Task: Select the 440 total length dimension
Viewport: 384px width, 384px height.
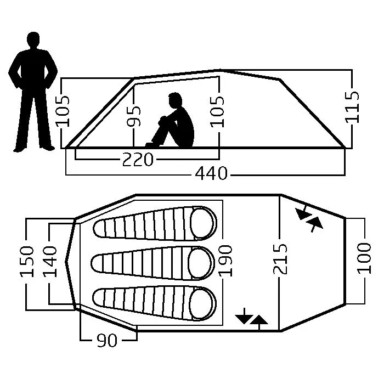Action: pos(211,174)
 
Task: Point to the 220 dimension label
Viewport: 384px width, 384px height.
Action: pos(137,160)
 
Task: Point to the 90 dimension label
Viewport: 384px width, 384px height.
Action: pos(107,341)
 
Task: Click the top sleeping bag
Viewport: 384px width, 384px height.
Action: pos(155,224)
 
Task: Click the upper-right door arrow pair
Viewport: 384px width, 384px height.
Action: pos(309,218)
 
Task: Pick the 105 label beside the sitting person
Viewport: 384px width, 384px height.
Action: pos(219,111)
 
